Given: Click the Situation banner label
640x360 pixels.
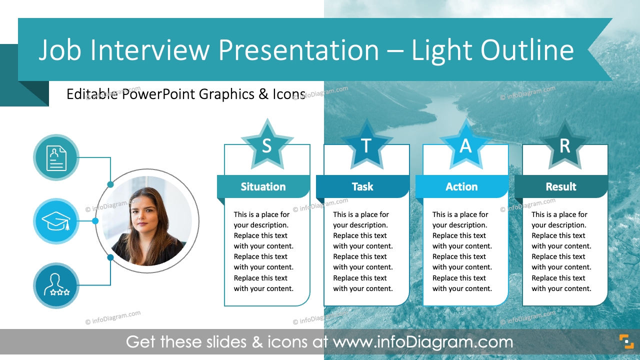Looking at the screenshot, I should pyautogui.click(x=263, y=186).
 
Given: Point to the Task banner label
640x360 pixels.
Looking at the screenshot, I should pyautogui.click(x=362, y=186).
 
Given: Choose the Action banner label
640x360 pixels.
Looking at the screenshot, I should pyautogui.click(x=461, y=186).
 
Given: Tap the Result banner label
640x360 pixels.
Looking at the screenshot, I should pyautogui.click(x=561, y=186).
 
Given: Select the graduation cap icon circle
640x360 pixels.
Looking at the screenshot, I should pyautogui.click(x=56, y=221).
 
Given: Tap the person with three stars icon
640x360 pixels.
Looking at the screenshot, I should pyautogui.click(x=56, y=285).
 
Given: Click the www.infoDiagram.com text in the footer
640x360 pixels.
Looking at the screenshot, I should pyautogui.click(x=423, y=342).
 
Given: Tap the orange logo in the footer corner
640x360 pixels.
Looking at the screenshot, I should pyautogui.click(x=626, y=341).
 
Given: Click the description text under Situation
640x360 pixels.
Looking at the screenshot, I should pyautogui.click(x=263, y=251).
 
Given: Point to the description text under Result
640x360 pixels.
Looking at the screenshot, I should pyautogui.click(x=561, y=251).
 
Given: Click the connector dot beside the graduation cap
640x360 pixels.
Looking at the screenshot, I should pyautogui.click(x=95, y=221).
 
